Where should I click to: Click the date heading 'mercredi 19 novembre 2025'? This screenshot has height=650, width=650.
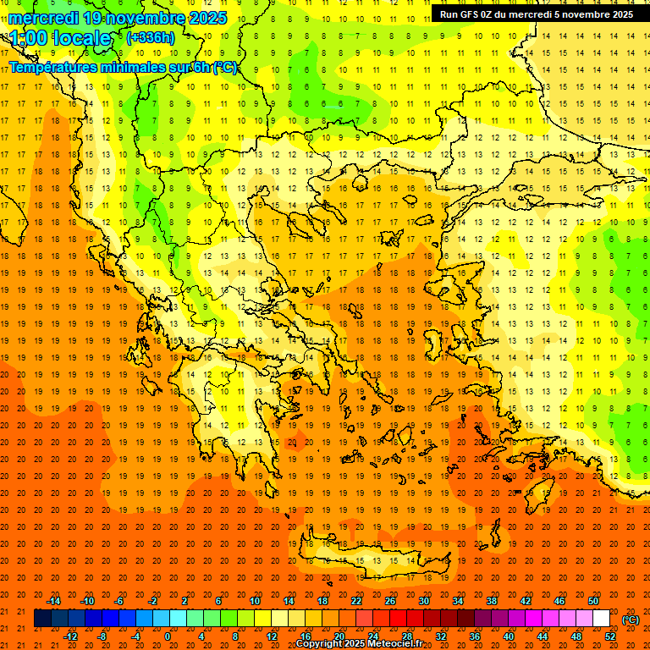point(118,18)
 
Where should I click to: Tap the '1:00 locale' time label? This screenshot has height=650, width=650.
point(61,38)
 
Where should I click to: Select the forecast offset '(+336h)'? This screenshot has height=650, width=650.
point(150,37)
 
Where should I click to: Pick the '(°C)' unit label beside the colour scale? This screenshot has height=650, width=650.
point(631,620)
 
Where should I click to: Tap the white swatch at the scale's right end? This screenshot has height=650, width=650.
point(601,619)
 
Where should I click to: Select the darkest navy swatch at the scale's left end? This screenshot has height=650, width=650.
point(42,619)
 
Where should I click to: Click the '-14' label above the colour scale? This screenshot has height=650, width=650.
point(53,601)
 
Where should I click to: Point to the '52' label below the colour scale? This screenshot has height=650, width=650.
point(610,636)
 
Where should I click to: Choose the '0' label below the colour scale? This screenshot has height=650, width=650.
point(168,636)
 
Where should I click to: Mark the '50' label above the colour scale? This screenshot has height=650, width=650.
point(592,601)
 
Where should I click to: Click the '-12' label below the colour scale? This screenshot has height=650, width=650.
point(70,636)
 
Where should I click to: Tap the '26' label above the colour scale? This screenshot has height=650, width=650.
point(390,601)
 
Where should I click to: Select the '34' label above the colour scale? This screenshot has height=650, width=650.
point(458,601)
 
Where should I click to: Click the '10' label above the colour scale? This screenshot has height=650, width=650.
point(254,601)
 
